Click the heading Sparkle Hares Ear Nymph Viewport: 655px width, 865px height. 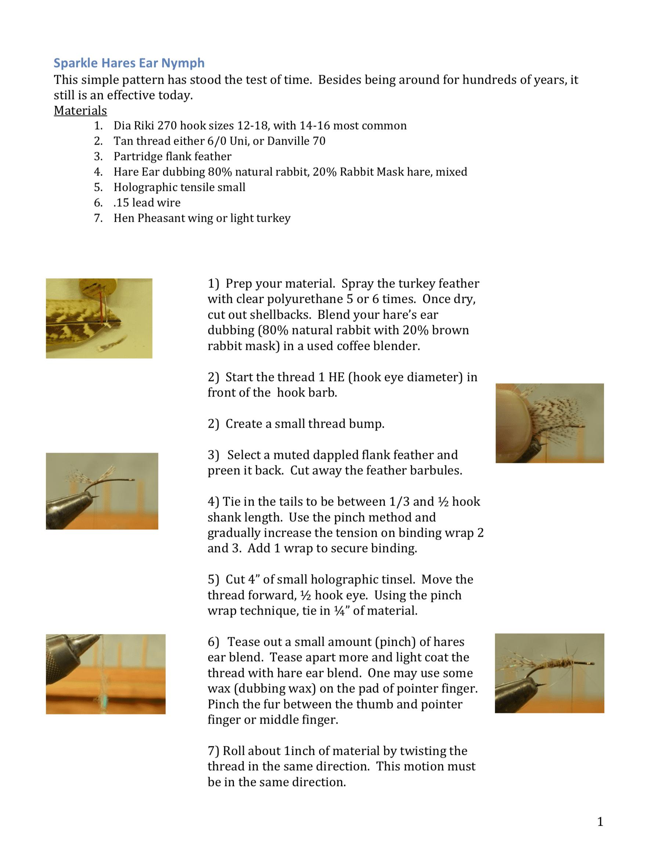tap(129, 63)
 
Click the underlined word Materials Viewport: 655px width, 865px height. tap(80, 111)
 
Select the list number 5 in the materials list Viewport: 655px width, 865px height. tap(98, 187)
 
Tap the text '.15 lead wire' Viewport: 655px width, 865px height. tap(147, 203)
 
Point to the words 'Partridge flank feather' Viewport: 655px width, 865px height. tap(173, 156)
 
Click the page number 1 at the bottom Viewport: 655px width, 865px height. tap(600, 822)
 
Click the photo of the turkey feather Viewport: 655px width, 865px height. tap(99, 318)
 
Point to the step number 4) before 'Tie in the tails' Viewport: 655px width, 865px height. tap(214, 502)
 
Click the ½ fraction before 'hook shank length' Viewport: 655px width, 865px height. tap(443, 502)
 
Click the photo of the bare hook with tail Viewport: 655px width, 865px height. tap(102, 491)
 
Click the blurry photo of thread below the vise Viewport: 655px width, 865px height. tap(106, 674)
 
